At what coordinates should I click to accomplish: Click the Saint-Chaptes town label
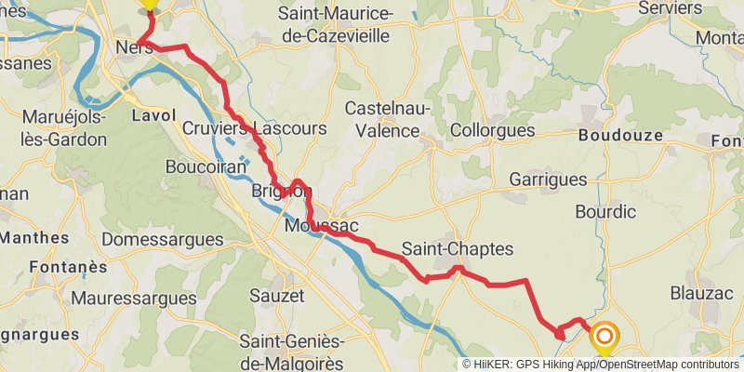(458, 249)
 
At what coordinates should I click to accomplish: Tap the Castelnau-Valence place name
(388, 120)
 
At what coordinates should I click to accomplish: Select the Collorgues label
(492, 131)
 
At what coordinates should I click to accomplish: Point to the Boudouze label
(620, 135)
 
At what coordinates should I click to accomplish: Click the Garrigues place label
(549, 179)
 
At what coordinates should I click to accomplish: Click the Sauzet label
(277, 296)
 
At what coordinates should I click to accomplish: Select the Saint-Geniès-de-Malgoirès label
(292, 351)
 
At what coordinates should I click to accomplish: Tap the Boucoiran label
(206, 166)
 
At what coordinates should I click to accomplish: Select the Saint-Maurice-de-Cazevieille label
(336, 25)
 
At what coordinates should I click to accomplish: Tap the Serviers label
(671, 7)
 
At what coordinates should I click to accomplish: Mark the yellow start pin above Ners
(149, 4)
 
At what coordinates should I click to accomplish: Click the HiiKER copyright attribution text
(600, 365)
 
